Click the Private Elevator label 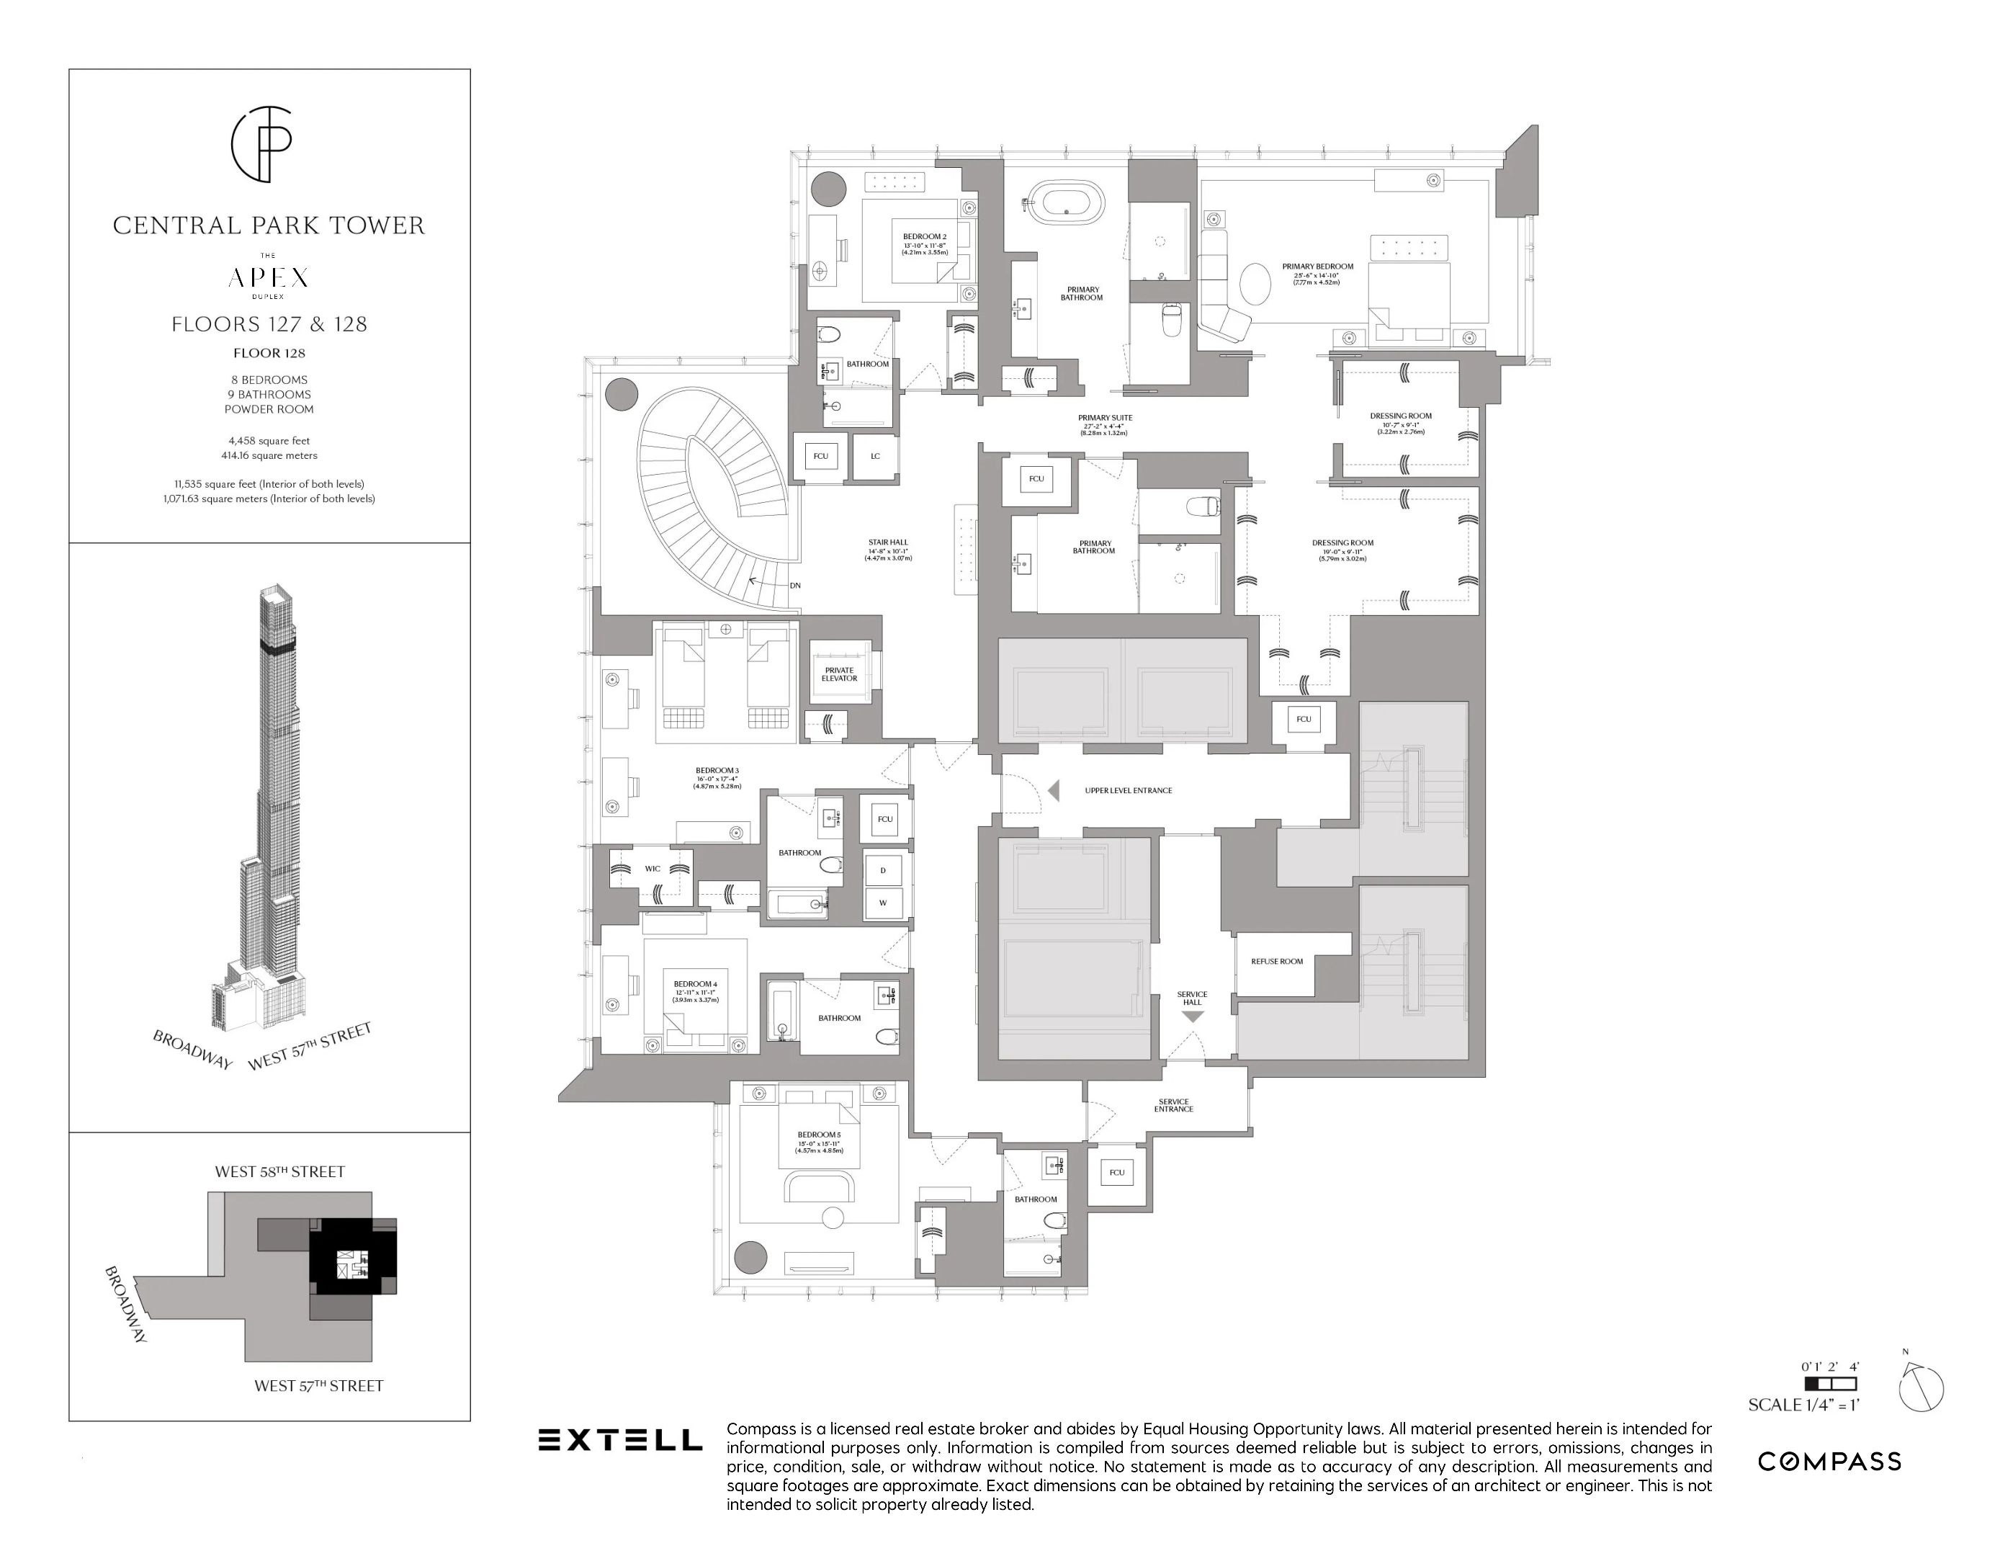click(839, 674)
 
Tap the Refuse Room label click(1276, 962)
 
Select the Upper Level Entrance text click(1128, 790)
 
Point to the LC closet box click(874, 455)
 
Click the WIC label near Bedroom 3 click(653, 868)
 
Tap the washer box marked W click(883, 903)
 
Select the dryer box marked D click(883, 869)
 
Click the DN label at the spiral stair click(794, 586)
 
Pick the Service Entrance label click(1173, 1105)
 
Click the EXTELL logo click(619, 1440)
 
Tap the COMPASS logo click(1829, 1461)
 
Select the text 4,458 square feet click(269, 441)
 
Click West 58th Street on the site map click(279, 1171)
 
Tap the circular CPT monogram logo click(261, 144)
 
